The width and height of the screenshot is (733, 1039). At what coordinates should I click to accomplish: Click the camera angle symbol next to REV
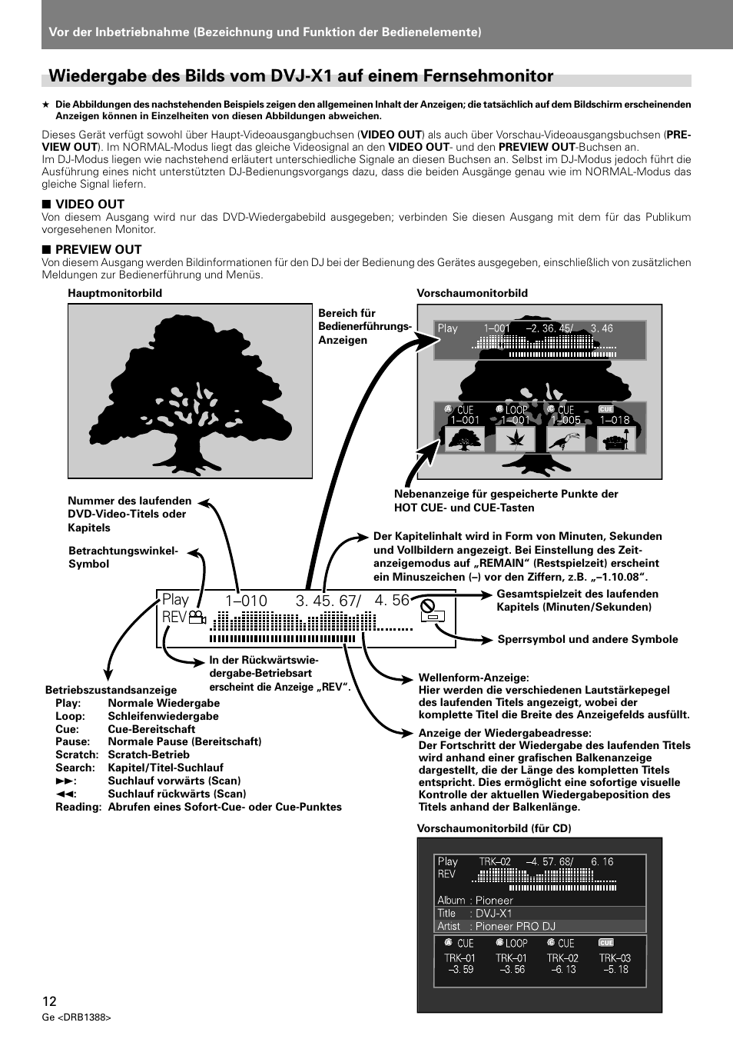(x=198, y=618)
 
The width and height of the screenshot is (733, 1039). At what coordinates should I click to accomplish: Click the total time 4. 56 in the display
(x=392, y=600)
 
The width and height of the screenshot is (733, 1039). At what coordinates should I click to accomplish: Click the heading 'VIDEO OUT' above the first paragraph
(x=90, y=204)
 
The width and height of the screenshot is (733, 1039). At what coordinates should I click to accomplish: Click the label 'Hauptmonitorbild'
(x=114, y=293)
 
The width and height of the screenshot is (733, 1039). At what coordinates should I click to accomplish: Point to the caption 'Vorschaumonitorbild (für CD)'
(x=494, y=828)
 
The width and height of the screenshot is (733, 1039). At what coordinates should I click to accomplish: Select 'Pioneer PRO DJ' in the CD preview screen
(x=515, y=926)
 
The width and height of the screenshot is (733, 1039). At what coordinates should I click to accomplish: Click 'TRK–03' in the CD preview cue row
(x=615, y=958)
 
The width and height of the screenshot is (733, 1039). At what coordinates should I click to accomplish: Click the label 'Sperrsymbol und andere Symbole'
(x=588, y=639)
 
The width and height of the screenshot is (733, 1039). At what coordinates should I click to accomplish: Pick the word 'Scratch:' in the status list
(x=77, y=754)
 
